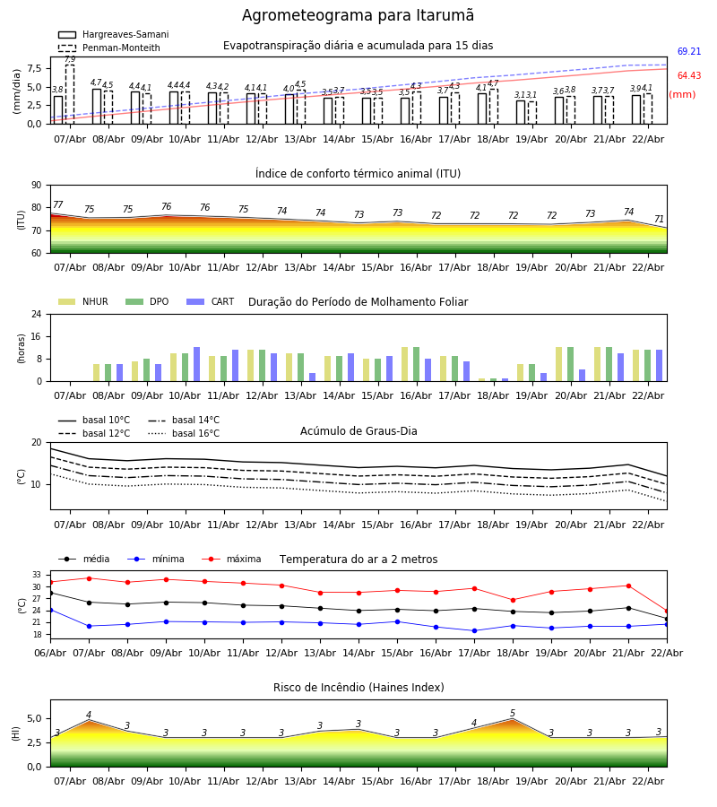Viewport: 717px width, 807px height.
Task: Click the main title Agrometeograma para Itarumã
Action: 358,16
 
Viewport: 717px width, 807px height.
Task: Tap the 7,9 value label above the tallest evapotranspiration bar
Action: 70,59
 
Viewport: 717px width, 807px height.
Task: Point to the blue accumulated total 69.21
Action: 689,52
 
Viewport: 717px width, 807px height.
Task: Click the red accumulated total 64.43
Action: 689,76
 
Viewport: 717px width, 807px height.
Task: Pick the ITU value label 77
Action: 58,205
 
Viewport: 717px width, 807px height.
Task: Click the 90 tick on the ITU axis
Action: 36,186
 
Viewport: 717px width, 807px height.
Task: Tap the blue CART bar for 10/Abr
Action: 197,364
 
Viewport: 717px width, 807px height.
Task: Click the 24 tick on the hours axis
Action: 36,315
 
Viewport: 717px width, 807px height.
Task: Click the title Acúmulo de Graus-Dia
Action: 358,431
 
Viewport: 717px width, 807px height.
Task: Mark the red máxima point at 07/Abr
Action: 89,578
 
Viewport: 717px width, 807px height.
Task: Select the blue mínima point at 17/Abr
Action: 474,630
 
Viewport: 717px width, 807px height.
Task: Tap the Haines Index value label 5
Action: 513,714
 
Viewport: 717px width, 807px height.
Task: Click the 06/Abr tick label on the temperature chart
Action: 50,652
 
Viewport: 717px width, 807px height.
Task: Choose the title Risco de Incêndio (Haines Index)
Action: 358,688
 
